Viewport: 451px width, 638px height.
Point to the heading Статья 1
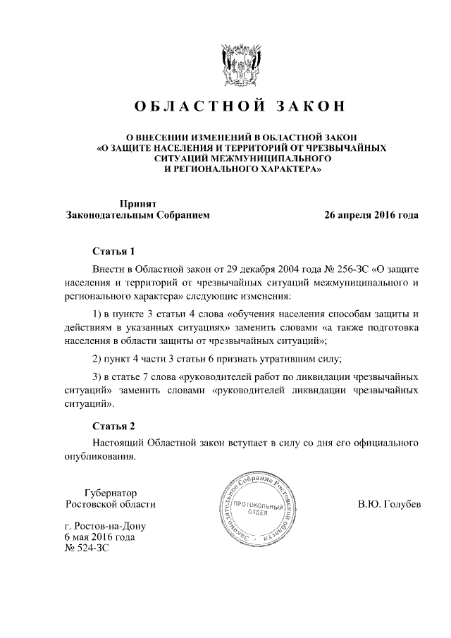pos(113,252)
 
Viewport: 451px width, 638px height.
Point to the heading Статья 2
pos(113,426)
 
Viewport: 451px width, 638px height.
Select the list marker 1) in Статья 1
pos(99,314)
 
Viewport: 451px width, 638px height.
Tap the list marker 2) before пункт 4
pos(99,358)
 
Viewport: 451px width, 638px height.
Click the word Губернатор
pos(110,493)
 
